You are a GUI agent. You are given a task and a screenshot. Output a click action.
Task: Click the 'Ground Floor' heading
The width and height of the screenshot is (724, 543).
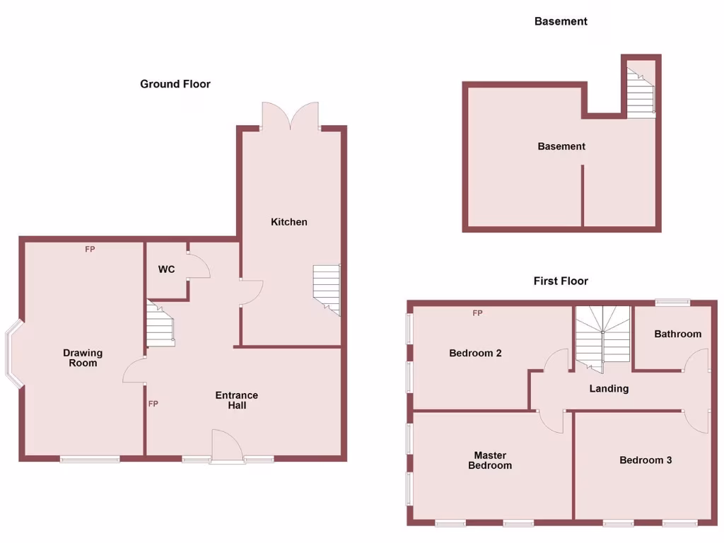click(x=175, y=84)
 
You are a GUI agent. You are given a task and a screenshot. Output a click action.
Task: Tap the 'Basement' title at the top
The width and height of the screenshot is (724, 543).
click(x=561, y=21)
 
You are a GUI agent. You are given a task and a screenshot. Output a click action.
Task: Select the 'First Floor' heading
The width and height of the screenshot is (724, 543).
click(x=561, y=281)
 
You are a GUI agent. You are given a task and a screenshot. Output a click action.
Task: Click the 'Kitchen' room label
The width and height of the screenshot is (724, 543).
click(x=289, y=222)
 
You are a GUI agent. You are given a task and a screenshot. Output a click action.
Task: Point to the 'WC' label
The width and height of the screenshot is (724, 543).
click(x=166, y=269)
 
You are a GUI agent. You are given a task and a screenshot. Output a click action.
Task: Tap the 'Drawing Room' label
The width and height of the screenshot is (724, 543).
click(x=83, y=358)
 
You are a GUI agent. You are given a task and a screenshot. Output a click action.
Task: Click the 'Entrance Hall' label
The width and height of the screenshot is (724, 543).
click(x=237, y=400)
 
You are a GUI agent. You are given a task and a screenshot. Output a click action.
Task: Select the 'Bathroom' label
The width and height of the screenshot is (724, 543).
click(x=677, y=334)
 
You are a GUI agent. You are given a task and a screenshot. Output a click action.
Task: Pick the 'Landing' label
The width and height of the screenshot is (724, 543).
click(x=609, y=388)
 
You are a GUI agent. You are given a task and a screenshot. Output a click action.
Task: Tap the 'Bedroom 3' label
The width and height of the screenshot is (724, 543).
click(x=646, y=460)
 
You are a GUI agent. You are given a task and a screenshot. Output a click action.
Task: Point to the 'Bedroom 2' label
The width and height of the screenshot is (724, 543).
click(x=475, y=353)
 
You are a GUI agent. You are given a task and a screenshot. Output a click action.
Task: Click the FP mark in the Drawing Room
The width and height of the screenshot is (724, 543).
click(x=90, y=249)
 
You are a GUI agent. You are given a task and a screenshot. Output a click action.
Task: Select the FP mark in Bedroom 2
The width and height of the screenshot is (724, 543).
click(x=477, y=313)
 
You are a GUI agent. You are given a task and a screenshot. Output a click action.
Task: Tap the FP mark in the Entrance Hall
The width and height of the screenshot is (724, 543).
click(x=153, y=404)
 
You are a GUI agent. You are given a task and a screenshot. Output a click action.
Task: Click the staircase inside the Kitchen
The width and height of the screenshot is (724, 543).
click(x=327, y=289)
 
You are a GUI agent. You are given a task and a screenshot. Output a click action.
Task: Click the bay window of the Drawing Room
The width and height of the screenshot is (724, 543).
click(x=14, y=357)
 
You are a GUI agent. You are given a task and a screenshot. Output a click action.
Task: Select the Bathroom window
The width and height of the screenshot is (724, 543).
click(x=672, y=303)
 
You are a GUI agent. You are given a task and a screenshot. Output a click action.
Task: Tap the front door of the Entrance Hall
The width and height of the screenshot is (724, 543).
click(x=227, y=448)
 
